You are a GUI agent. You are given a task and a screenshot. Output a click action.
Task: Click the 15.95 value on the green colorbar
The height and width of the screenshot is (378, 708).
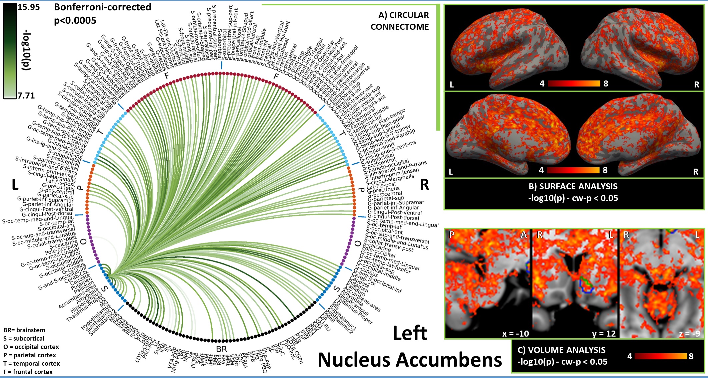(x=28, y=7)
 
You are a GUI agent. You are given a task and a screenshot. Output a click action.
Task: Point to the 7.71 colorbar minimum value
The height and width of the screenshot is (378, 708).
(x=26, y=96)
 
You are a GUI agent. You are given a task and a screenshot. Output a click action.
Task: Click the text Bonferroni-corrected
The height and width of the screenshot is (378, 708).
(x=102, y=7)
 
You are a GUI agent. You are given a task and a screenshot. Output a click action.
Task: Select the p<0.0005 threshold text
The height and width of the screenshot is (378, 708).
(x=75, y=21)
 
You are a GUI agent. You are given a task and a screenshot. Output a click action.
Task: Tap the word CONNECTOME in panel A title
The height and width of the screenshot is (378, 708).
(x=399, y=27)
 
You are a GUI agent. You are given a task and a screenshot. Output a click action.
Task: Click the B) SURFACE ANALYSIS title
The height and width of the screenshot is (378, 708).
(x=573, y=186)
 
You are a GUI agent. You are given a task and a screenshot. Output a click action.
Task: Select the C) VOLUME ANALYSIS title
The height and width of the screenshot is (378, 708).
(x=561, y=350)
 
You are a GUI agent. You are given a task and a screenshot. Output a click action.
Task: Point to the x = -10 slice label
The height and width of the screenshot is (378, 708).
(x=515, y=333)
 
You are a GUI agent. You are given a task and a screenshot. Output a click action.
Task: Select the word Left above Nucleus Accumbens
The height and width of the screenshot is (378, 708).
(x=410, y=333)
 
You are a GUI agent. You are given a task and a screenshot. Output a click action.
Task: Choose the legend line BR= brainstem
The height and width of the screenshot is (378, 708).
(x=24, y=330)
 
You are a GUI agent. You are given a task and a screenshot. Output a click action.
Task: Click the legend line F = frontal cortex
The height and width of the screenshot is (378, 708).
(x=28, y=372)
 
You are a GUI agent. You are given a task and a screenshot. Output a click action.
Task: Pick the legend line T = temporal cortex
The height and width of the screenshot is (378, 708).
(x=32, y=364)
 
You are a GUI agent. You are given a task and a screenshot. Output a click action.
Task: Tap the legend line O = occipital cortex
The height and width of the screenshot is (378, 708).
(x=31, y=347)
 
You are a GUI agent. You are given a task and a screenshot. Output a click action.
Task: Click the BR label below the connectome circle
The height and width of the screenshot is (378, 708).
(x=221, y=349)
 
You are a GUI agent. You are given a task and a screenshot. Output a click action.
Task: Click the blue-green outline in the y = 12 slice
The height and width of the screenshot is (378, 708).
(x=586, y=286)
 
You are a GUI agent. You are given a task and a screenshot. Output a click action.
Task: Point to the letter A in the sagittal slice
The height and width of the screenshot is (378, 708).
(x=524, y=235)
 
